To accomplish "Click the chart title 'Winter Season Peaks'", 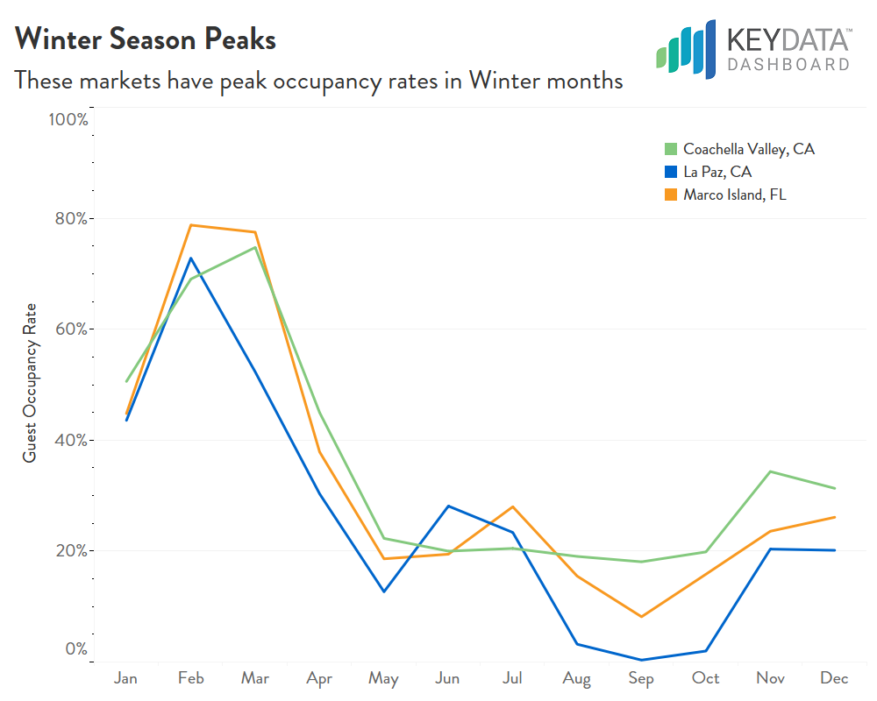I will [x=146, y=39].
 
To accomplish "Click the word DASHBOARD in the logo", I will [x=788, y=65].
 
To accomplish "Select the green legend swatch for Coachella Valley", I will [x=671, y=150].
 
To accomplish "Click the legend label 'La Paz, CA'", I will [x=717, y=173].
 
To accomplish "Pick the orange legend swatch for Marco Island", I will [x=671, y=195].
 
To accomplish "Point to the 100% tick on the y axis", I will [x=68, y=119].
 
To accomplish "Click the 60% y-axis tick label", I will [x=69, y=329].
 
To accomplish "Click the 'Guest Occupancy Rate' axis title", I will [x=30, y=383].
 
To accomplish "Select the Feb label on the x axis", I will [x=191, y=678].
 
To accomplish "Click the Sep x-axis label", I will [x=641, y=678].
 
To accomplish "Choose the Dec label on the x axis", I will [x=834, y=678].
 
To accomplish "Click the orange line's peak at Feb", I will [x=191, y=225].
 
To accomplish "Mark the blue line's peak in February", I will [x=191, y=258].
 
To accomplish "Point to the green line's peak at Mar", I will [x=255, y=247].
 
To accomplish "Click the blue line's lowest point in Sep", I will [x=641, y=660].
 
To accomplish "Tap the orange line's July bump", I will [x=512, y=506].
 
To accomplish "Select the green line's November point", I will [x=770, y=471].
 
